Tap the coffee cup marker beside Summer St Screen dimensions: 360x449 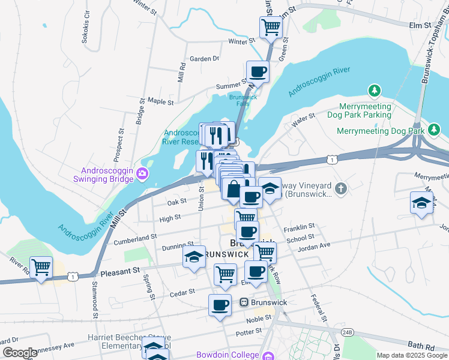[x=258, y=72]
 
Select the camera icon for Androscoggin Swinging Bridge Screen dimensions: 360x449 [x=142, y=174]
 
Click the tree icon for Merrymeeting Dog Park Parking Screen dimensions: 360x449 [x=375, y=91]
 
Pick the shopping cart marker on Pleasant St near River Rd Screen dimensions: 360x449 [x=41, y=268]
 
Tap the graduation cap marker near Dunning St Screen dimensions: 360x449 [x=194, y=257]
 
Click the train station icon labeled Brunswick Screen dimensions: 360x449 [x=244, y=301]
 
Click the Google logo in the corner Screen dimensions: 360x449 [x=20, y=353]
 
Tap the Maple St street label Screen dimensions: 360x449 [x=160, y=102]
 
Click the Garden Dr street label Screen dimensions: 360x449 [x=204, y=59]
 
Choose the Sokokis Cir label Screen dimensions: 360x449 [x=87, y=29]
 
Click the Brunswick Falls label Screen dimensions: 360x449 [x=243, y=100]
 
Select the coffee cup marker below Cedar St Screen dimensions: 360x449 [x=220, y=305]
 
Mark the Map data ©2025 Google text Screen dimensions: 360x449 [x=412, y=355]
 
